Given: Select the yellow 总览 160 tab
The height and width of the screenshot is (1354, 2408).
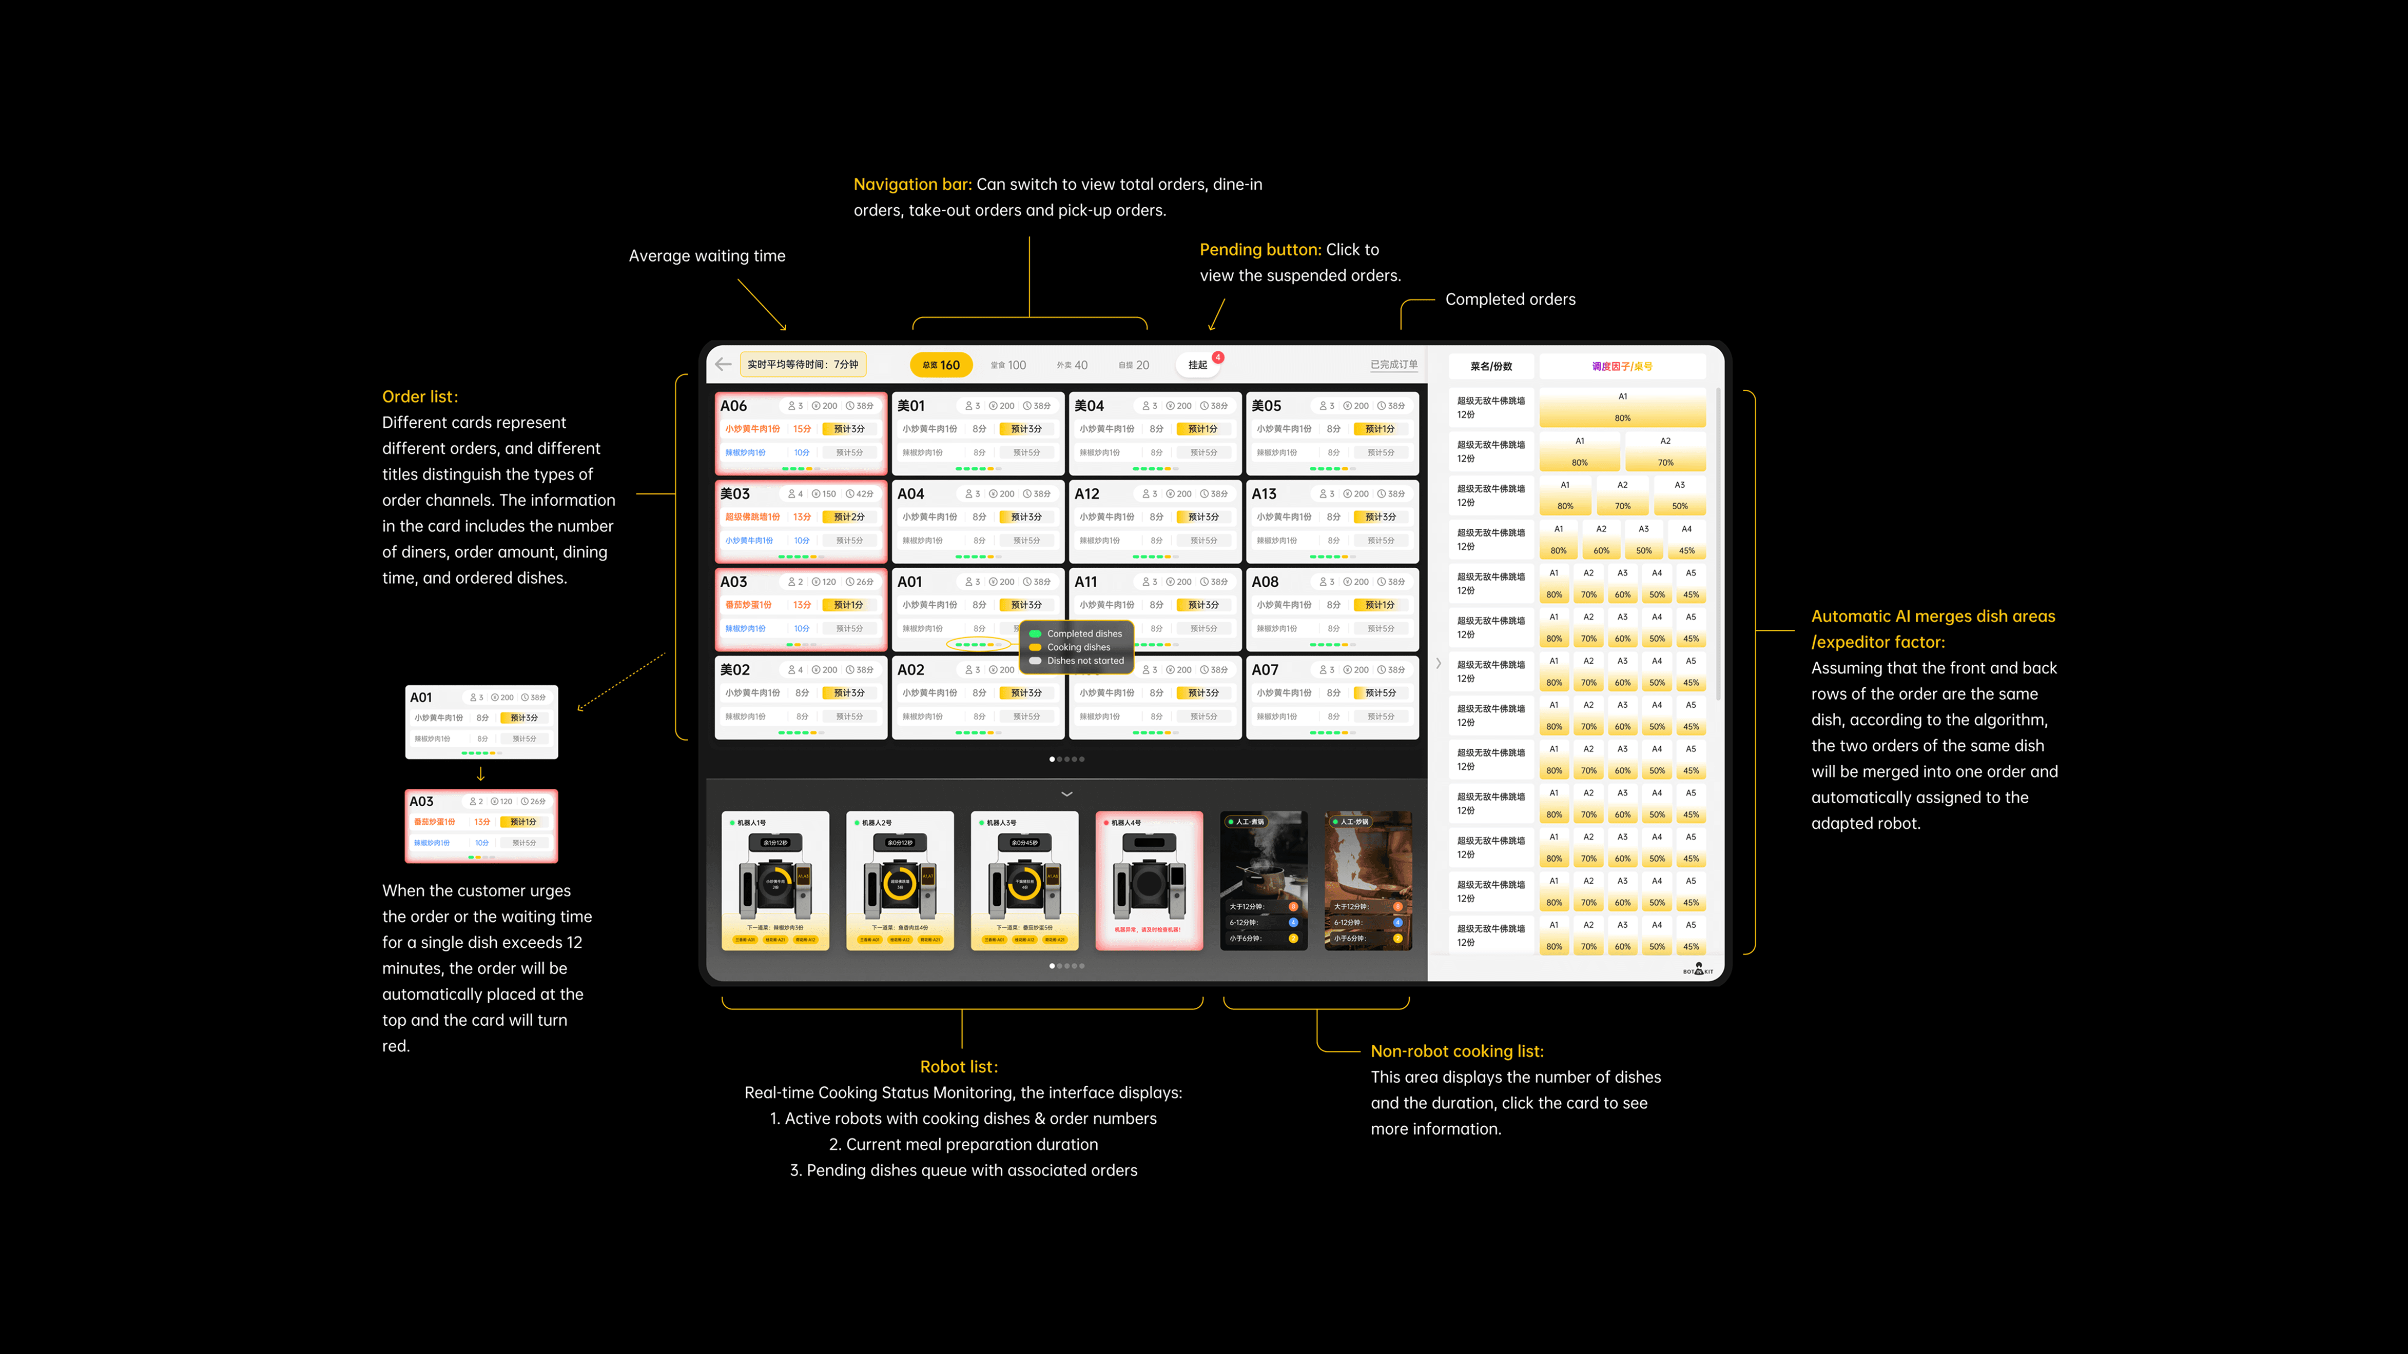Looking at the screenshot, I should coord(941,365).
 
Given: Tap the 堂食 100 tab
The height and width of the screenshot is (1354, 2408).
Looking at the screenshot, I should coord(1008,365).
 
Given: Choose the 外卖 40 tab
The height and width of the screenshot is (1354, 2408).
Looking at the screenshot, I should coord(1072,365).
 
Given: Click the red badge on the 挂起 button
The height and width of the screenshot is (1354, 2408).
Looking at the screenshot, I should coord(1218,357).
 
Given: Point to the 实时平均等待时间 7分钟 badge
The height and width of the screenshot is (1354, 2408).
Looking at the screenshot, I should coord(803,365).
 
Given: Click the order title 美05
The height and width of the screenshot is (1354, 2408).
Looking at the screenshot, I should coord(1267,406).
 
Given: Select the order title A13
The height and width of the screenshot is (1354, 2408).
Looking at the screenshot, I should coord(1264,493).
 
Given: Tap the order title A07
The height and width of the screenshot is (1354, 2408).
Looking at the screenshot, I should coord(1265,670).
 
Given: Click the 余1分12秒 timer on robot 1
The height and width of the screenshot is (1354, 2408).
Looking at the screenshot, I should coord(775,843).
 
